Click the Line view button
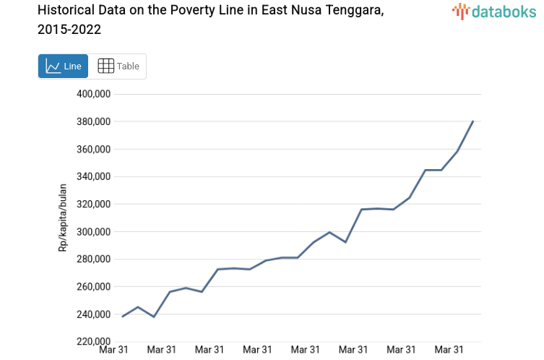63,66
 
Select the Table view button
118,66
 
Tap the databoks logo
493,11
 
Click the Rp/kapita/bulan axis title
63,218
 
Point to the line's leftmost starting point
122,317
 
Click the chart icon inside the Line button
53,66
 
